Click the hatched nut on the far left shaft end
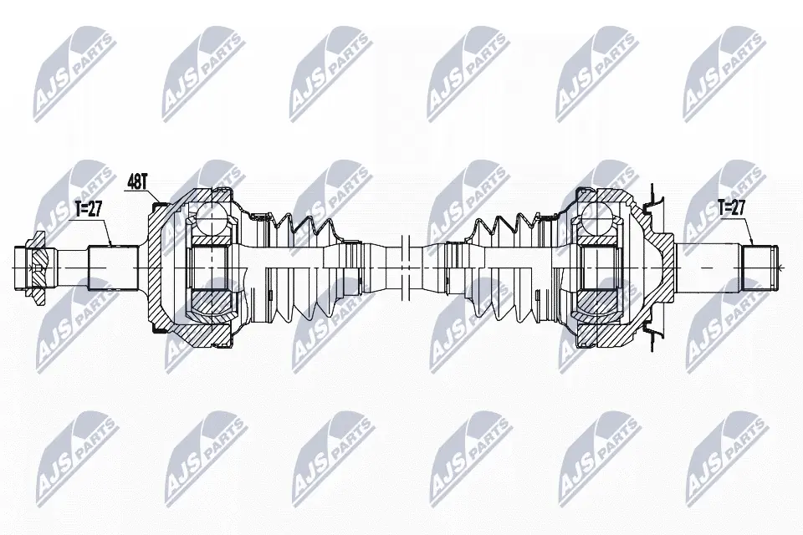pyautogui.click(x=35, y=267)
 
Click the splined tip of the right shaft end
pyautogui.click(x=760, y=267)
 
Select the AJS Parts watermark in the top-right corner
pyautogui.click(x=724, y=71)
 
